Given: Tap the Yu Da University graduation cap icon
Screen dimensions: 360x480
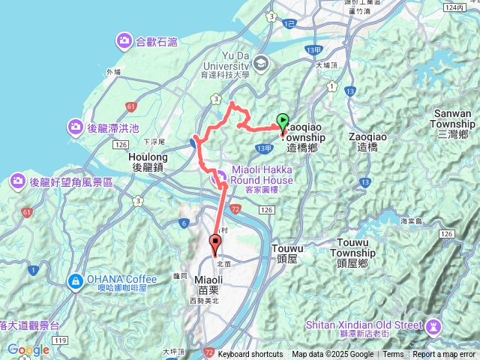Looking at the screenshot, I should coord(261,62).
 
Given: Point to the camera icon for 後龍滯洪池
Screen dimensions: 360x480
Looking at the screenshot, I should coord(75,126).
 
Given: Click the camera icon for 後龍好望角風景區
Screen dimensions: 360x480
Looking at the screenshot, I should coord(18,181).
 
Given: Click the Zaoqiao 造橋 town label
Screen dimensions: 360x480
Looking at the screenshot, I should coord(367,142).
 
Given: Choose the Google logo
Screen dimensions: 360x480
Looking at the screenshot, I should coord(28,349).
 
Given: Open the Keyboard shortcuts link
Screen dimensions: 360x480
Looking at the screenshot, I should coord(250,355).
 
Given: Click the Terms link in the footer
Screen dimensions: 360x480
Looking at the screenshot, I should coord(393,355).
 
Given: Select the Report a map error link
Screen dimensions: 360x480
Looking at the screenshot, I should coord(445,355).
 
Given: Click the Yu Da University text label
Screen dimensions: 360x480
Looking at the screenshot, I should coord(226,61).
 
